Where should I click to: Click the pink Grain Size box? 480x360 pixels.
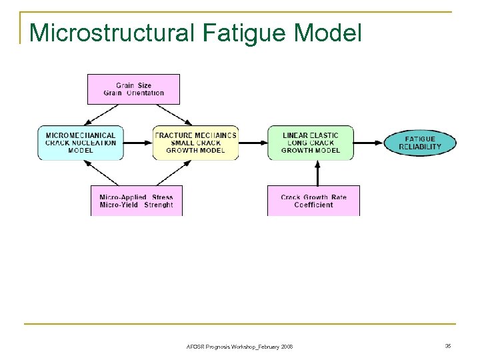134,89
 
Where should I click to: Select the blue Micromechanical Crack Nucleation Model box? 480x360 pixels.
81,143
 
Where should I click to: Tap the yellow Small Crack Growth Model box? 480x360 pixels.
195,143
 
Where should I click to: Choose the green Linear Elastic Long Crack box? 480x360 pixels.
310,143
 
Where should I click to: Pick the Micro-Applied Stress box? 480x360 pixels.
136,201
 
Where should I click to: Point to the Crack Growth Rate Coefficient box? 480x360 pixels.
313,201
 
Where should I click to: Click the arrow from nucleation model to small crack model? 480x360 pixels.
139,143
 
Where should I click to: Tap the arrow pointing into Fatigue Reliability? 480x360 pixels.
369,143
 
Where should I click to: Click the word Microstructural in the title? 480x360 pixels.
110,32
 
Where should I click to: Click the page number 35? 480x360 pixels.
447,346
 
